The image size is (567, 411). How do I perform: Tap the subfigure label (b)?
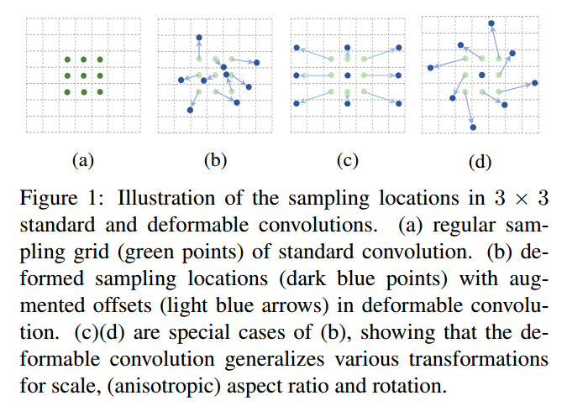point(215,159)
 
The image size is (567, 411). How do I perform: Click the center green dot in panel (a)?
point(83,75)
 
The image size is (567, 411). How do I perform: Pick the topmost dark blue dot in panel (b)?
point(199,38)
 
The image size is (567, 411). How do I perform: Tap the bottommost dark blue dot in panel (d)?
point(473,127)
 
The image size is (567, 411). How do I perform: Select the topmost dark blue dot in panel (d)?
point(491,24)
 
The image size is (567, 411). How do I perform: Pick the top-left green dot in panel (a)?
point(67,60)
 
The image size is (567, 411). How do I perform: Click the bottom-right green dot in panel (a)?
point(100,91)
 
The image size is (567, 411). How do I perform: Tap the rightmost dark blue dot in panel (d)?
point(533,83)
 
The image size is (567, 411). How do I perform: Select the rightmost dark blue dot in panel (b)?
point(257,63)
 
